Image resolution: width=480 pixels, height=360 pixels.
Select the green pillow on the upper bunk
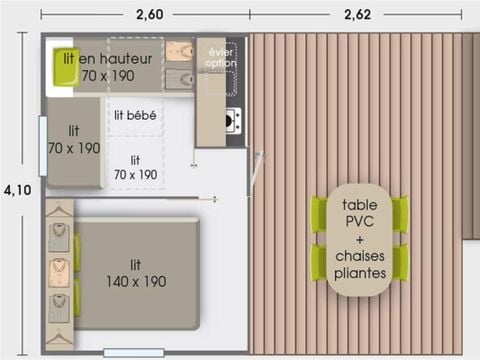(x=64, y=66)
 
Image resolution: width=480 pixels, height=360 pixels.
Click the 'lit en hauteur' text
(x=107, y=59)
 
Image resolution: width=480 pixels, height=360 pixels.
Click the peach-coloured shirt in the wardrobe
(x=59, y=271)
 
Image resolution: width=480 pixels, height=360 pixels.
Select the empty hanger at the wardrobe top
(x=58, y=212)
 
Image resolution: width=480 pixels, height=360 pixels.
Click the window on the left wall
(x=41, y=132)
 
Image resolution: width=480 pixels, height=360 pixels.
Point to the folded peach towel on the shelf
(x=177, y=52)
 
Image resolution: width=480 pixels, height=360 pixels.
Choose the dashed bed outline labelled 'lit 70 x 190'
(x=135, y=166)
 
